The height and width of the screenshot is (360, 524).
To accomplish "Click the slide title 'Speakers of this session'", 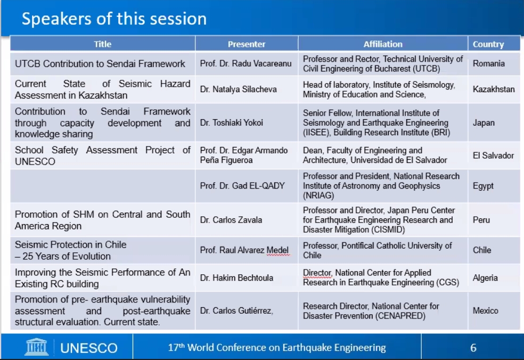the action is click(x=114, y=19).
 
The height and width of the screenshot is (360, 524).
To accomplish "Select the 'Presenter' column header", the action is click(x=247, y=44).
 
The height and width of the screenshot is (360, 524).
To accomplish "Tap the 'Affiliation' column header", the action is click(x=383, y=44).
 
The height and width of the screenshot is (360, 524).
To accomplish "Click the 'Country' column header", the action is click(x=488, y=44).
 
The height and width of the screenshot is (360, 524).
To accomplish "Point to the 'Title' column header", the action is click(x=103, y=44).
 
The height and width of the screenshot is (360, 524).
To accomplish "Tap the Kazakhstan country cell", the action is click(x=494, y=89).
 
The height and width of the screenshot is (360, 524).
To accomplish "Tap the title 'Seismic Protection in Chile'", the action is click(x=70, y=244).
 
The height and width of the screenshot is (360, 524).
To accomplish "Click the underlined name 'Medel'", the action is click(x=277, y=250).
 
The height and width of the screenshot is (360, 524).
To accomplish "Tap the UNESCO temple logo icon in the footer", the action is click(x=36, y=347).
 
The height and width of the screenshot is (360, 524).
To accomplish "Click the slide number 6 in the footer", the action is click(x=473, y=348).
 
